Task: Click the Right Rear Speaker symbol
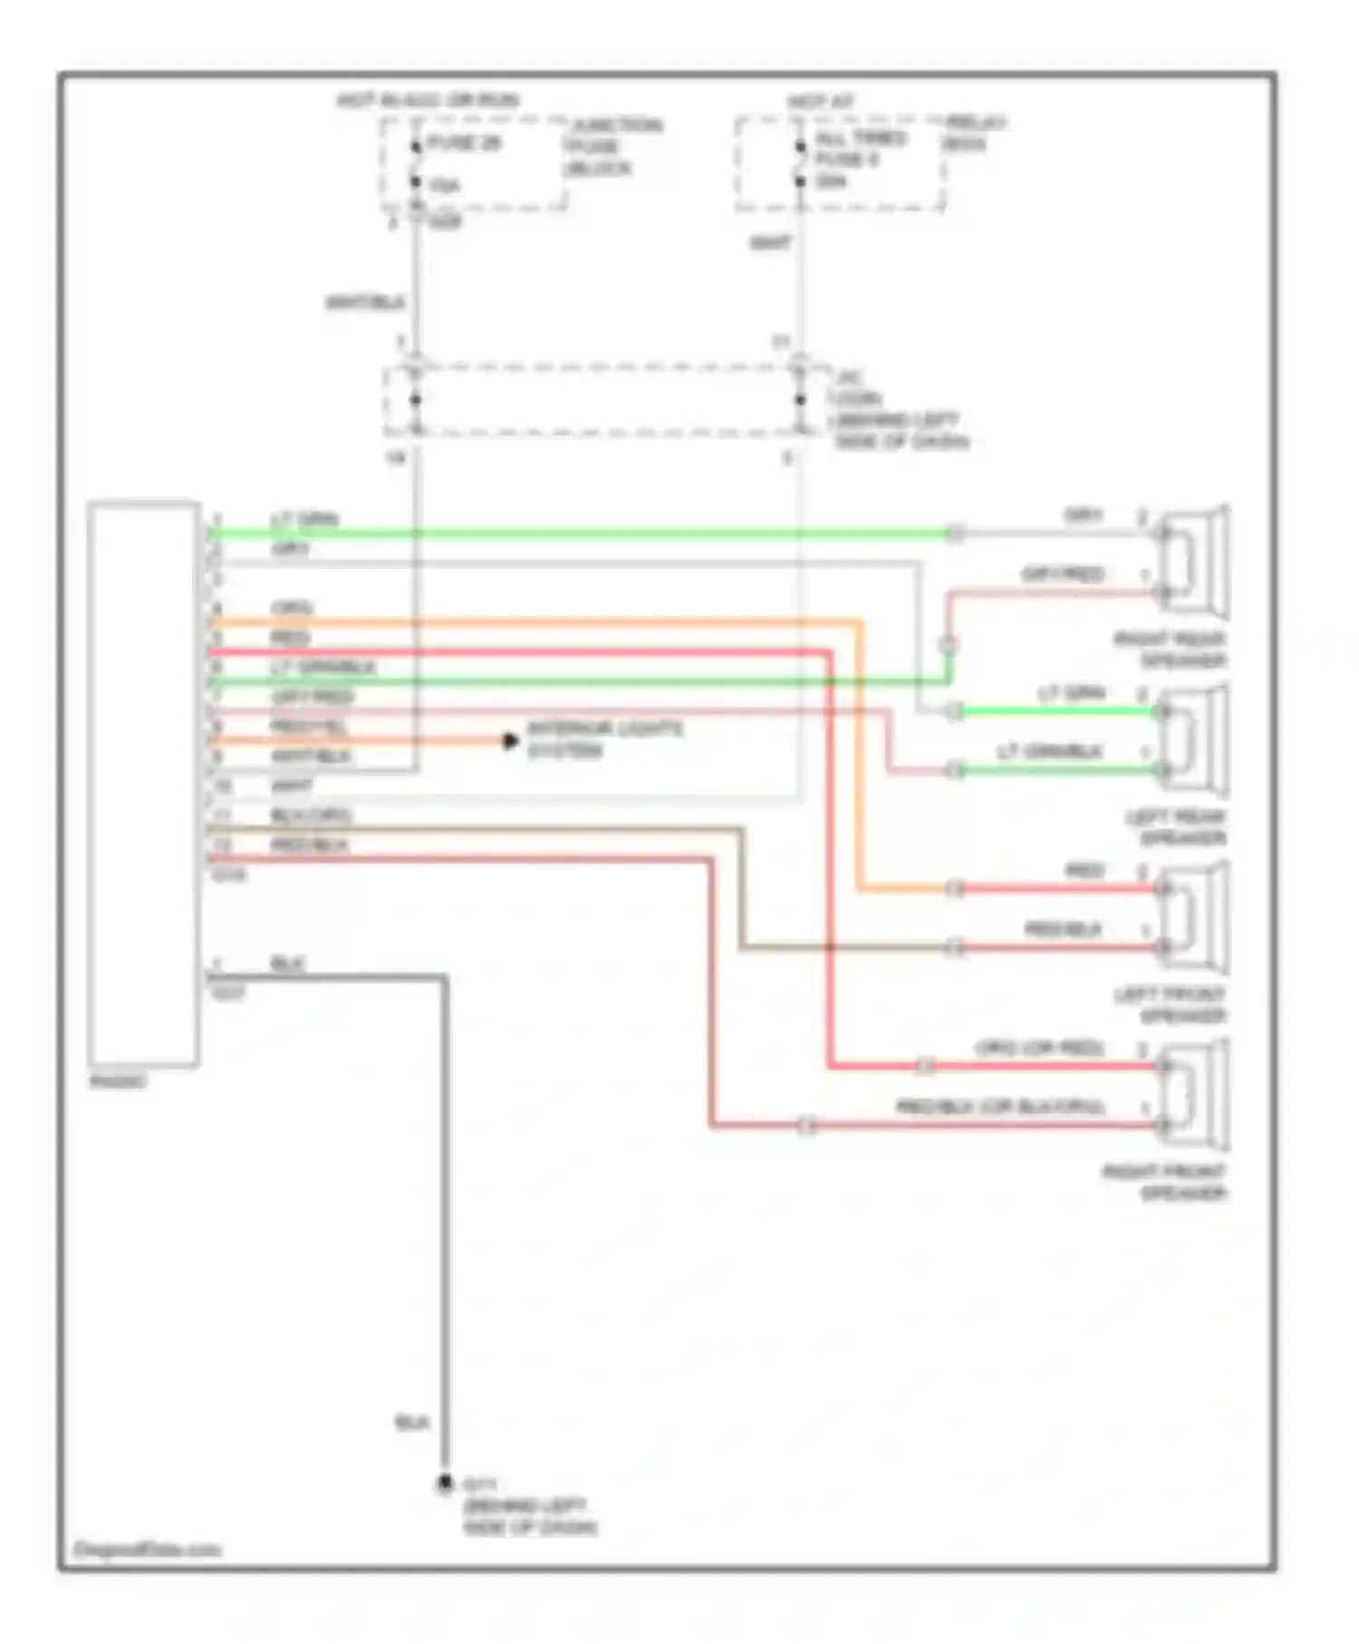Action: pos(1194,562)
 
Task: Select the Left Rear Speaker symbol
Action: pos(1194,740)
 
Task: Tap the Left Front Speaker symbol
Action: pos(1194,917)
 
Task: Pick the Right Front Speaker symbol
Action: pos(1194,1095)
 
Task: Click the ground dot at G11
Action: pos(445,1484)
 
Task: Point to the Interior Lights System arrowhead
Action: pos(511,741)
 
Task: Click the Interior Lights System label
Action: pos(604,740)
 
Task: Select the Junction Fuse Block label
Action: pos(612,147)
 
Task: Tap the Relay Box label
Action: pos(974,132)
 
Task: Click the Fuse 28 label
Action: pos(464,143)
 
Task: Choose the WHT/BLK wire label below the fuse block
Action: pos(365,302)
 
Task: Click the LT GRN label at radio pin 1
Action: pos(304,519)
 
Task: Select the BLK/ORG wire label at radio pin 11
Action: pos(311,816)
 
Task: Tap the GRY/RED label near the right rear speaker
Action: pos(1063,575)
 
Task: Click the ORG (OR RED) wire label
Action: pos(1039,1049)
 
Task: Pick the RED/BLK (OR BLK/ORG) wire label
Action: pos(1000,1107)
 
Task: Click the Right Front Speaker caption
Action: pos(1165,1182)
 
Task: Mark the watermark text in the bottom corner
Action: pos(147,1549)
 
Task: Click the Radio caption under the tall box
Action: pos(119,1081)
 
